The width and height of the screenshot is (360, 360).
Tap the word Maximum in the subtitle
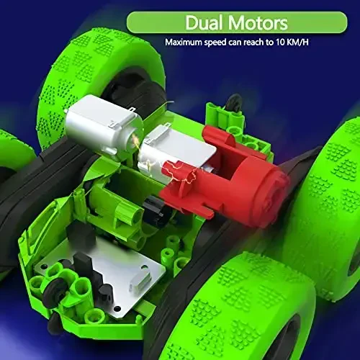(186, 42)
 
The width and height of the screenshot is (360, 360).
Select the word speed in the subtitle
(222, 42)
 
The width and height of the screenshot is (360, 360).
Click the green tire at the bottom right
(245, 302)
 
